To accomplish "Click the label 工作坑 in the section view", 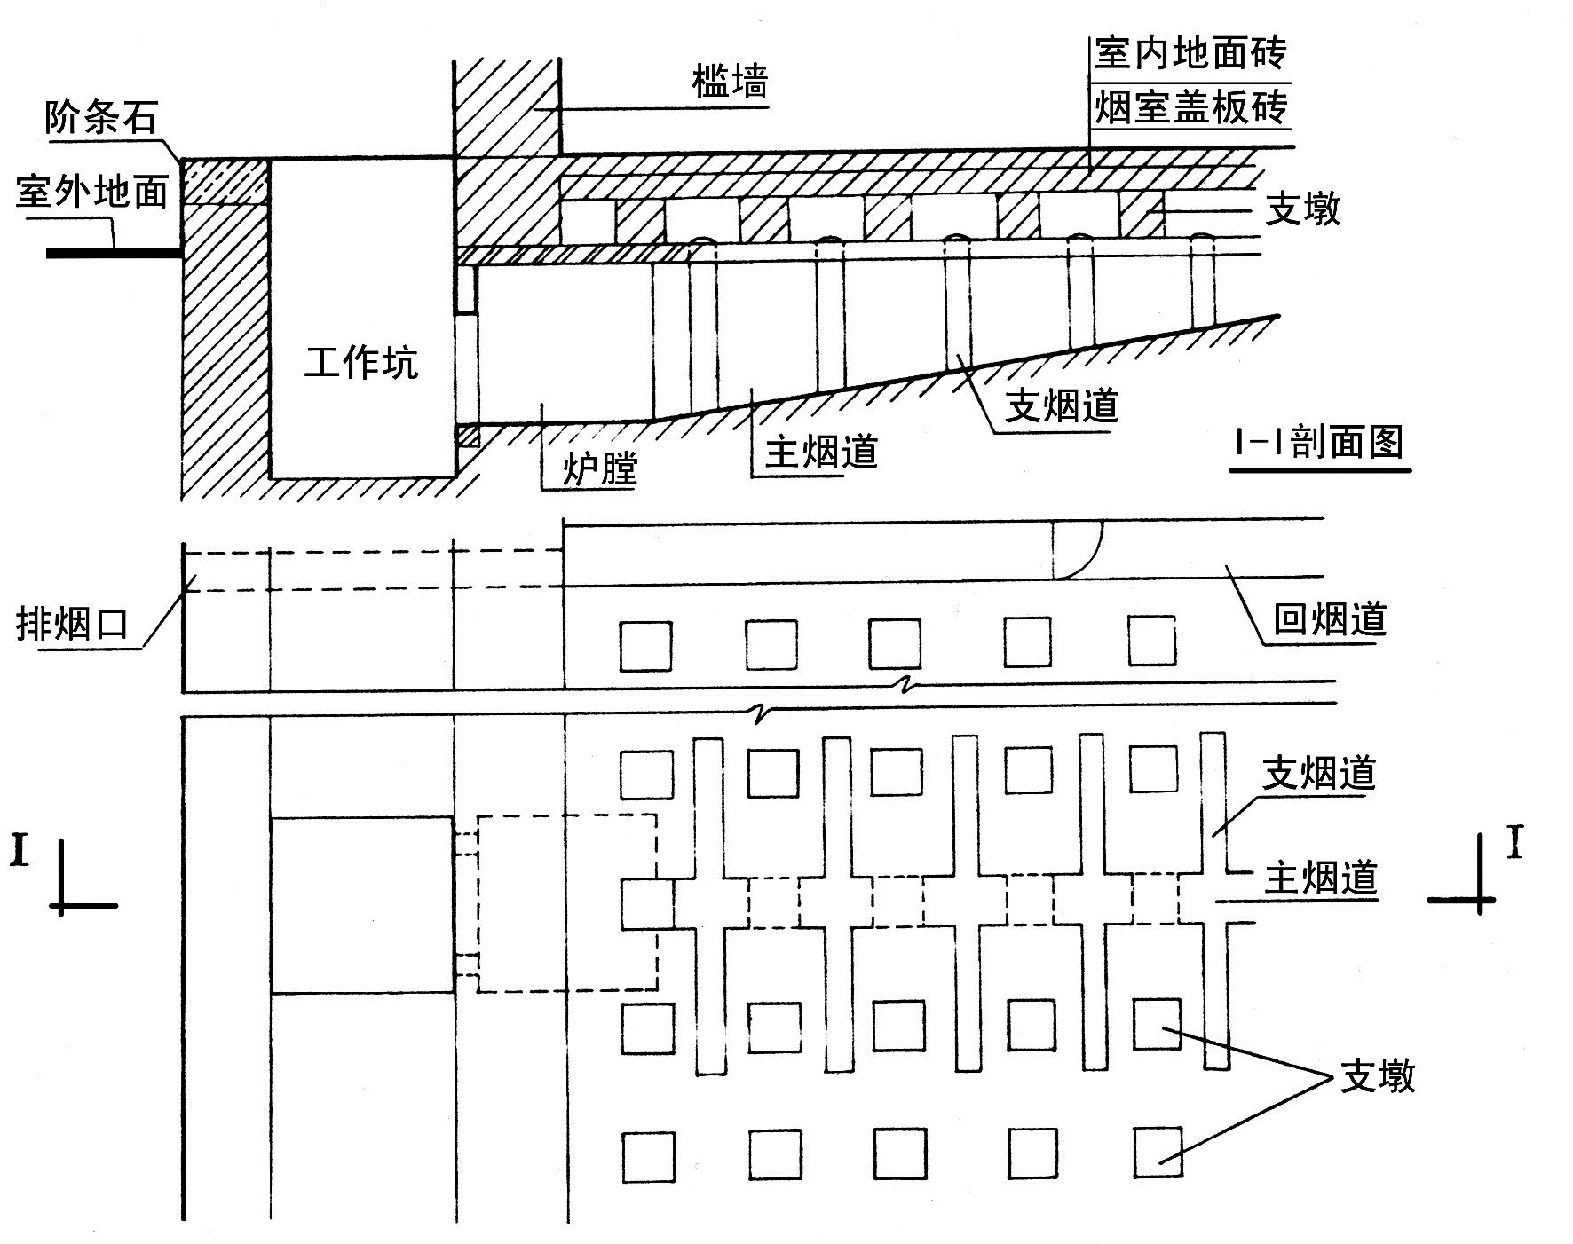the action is [x=360, y=363].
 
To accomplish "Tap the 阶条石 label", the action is [x=102, y=117].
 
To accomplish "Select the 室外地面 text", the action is [x=91, y=191].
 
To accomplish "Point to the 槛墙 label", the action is [x=730, y=83].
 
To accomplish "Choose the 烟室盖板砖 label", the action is [x=1190, y=107].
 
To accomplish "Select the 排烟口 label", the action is [x=73, y=624].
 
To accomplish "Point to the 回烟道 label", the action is [x=1330, y=618].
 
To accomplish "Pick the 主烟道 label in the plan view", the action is [x=1320, y=878].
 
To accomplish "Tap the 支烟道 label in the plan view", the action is [x=1320, y=773].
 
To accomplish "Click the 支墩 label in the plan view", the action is [x=1378, y=1076].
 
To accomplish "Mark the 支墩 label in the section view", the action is [x=1302, y=209].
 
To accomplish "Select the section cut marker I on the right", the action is [x=1514, y=843].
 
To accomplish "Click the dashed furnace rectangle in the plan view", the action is [x=567, y=902].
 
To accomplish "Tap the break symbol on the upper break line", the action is [x=905, y=683].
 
